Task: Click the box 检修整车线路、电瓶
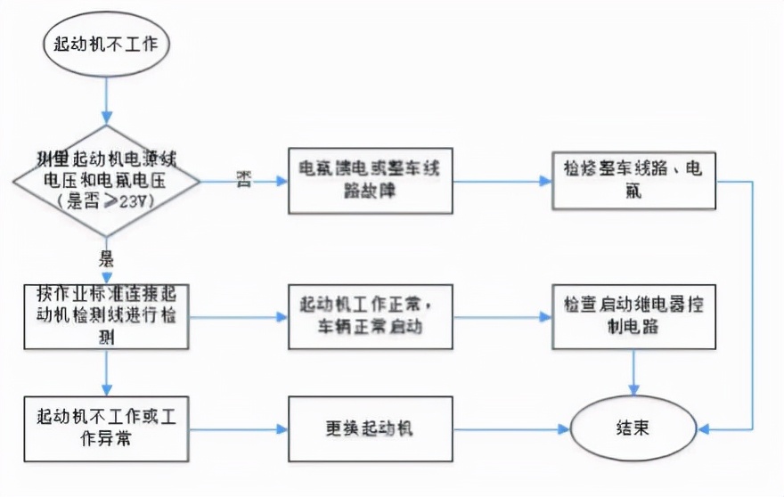[x=633, y=181]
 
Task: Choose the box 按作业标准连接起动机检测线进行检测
[x=106, y=316]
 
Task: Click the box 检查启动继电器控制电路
[x=633, y=316]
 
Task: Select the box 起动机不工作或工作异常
[x=106, y=428]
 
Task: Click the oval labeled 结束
[x=633, y=428]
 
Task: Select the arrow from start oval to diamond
[x=106, y=98]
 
